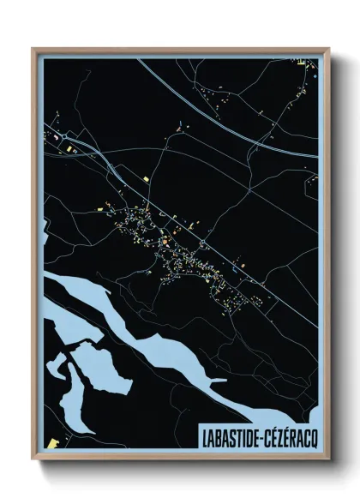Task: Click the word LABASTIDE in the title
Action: point(231,434)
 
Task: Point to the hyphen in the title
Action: point(263,435)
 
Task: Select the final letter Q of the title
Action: point(315,434)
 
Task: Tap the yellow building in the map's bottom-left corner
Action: point(52,442)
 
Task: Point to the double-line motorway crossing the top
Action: point(214,106)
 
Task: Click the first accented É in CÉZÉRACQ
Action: point(277,434)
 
